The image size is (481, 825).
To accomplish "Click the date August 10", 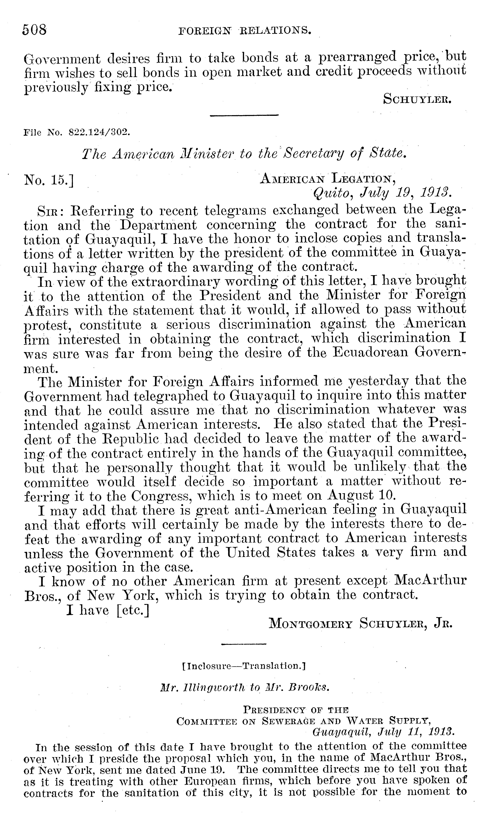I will point(361,495).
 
